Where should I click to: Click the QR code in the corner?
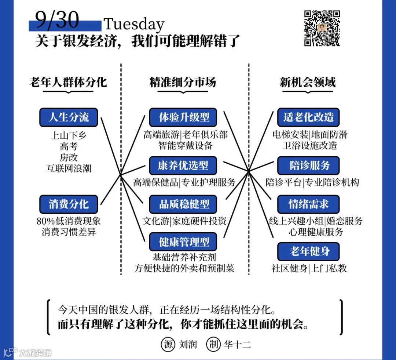(x=322, y=29)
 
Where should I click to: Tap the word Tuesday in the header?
(x=134, y=24)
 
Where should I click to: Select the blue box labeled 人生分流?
(x=69, y=117)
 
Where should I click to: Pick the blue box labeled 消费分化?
(x=69, y=204)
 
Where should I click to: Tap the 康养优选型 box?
(x=183, y=166)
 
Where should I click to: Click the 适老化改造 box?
(x=308, y=117)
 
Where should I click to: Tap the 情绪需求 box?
(x=308, y=204)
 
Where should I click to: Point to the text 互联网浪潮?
(x=69, y=168)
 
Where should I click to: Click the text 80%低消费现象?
(x=69, y=221)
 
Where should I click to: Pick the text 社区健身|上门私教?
(x=309, y=269)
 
